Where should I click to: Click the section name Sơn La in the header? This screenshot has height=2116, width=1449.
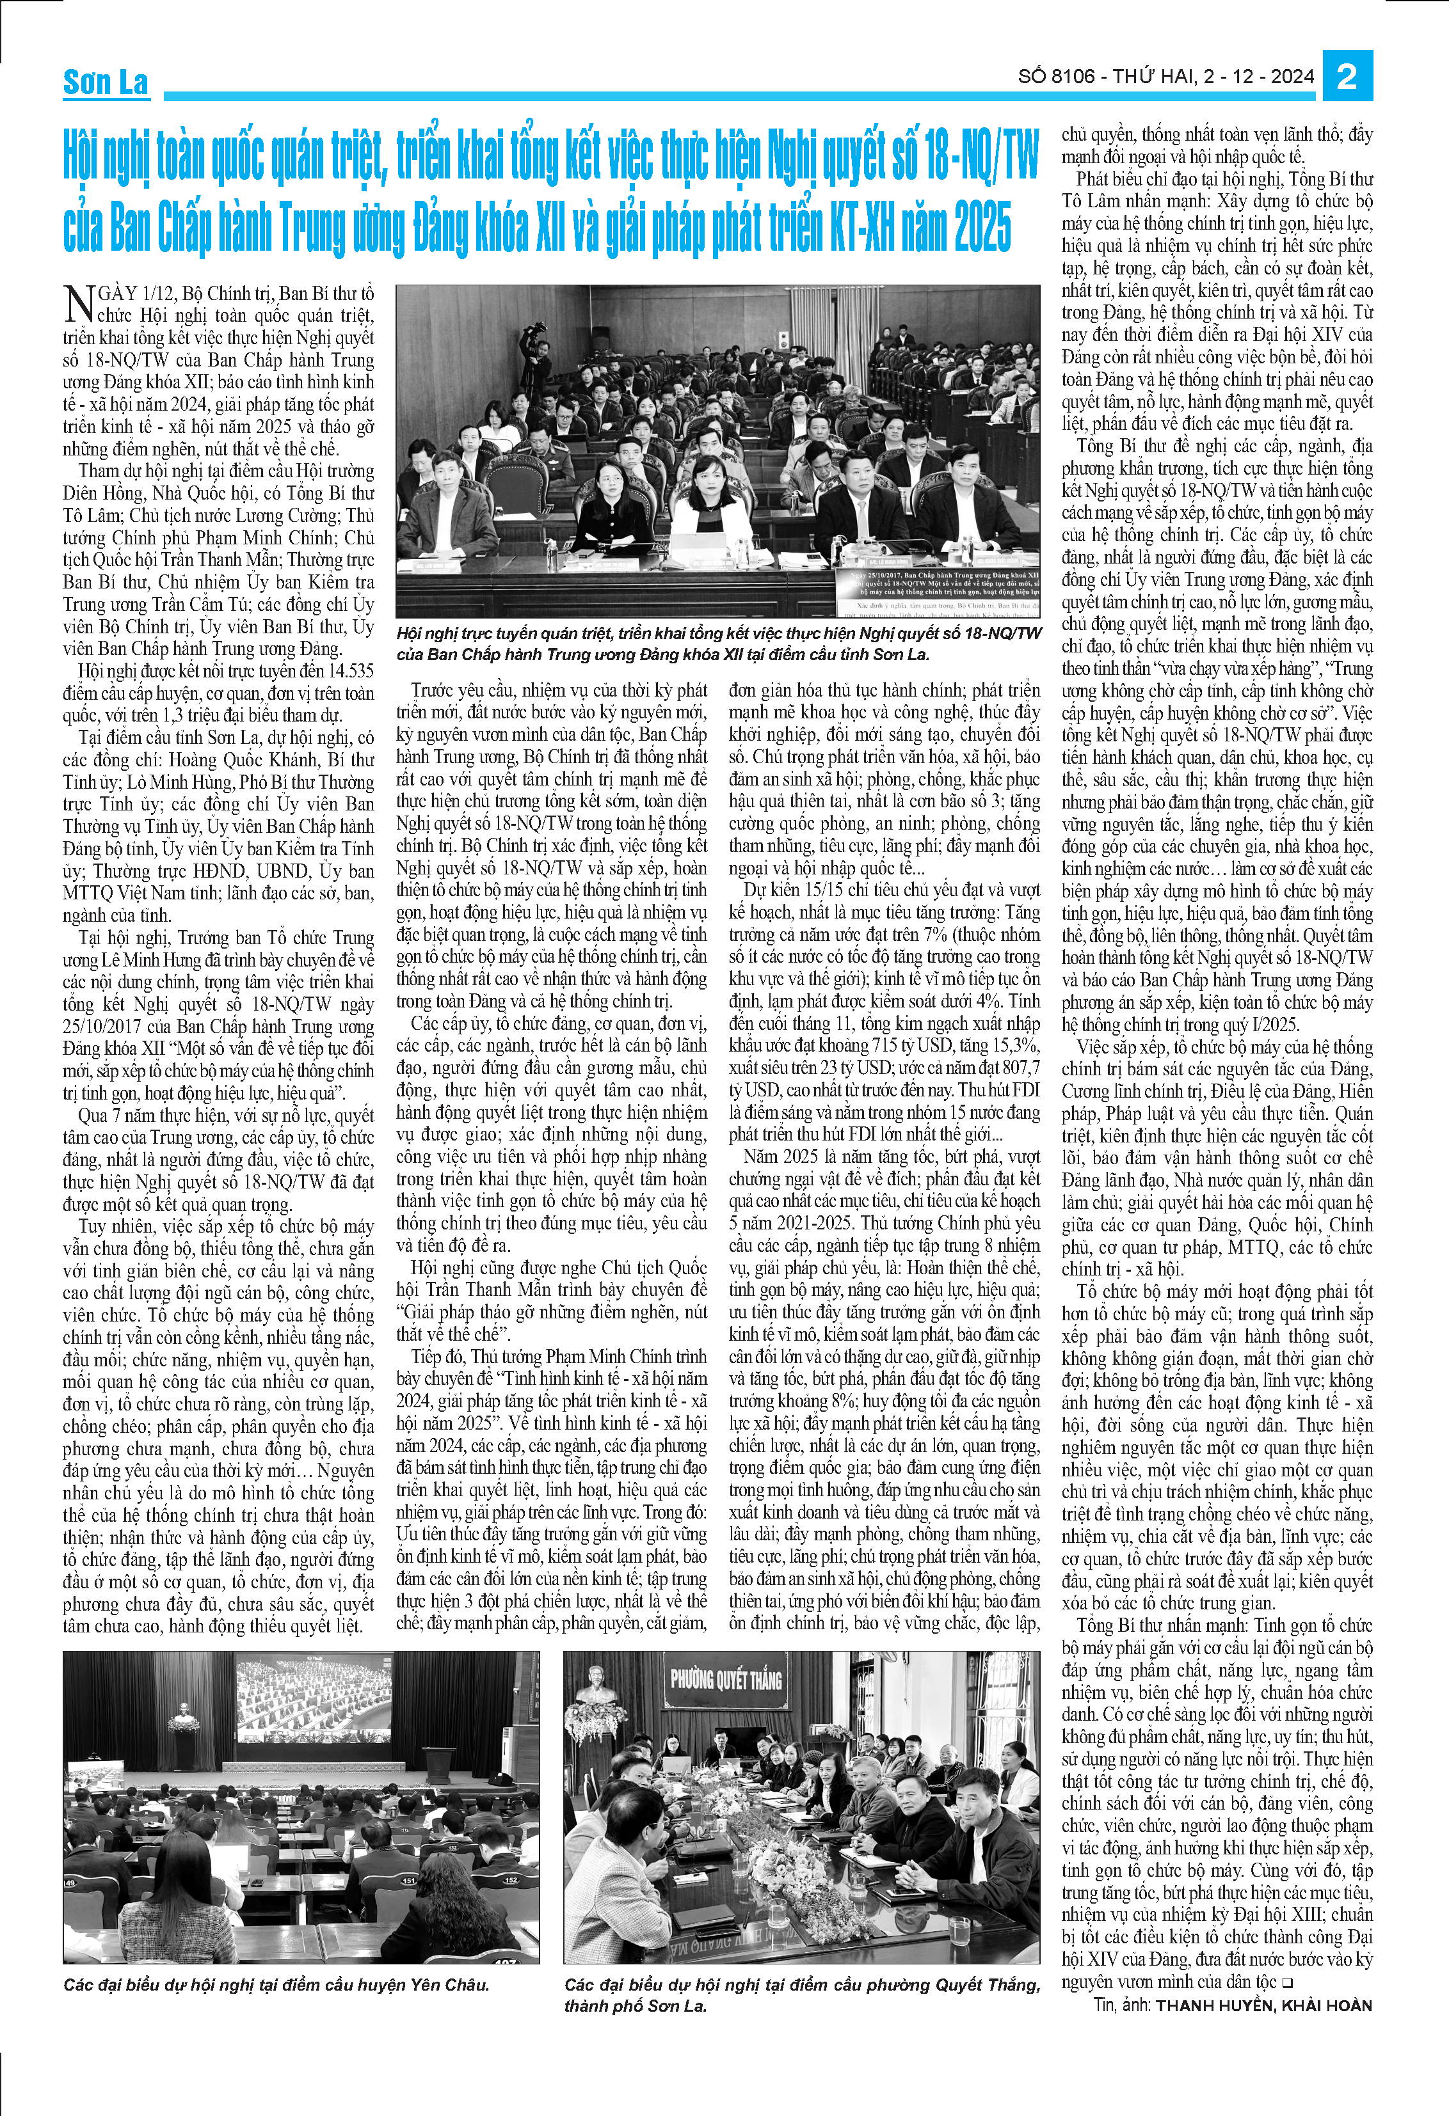[106, 82]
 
